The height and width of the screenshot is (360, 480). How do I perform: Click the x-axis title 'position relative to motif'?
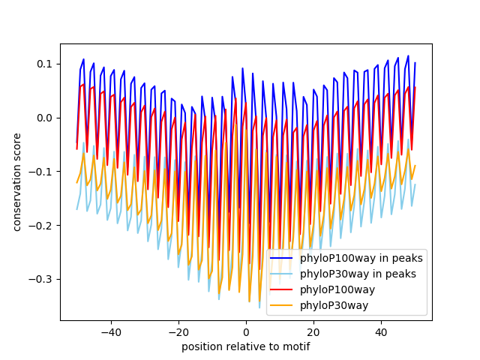pyautogui.click(x=245, y=346)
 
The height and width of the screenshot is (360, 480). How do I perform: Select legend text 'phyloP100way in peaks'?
pyautogui.click(x=361, y=259)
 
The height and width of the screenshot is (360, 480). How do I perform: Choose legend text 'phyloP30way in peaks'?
pyautogui.click(x=358, y=274)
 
